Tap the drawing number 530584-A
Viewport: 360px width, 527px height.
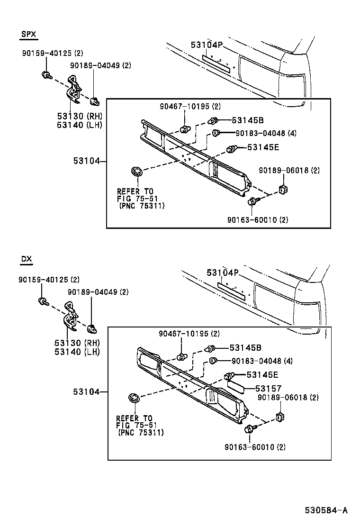pos(326,510)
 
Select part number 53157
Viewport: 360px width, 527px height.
pos(269,388)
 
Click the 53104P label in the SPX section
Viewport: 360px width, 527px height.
pos(207,45)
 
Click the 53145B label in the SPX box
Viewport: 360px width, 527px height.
pos(247,120)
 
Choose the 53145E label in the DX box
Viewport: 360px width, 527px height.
pos(262,374)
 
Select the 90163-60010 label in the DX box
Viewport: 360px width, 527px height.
pos(257,447)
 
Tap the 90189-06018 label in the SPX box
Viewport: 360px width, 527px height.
pos(289,170)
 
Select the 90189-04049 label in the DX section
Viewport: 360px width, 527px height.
pos(98,292)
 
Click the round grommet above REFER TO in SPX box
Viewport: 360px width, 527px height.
pos(136,172)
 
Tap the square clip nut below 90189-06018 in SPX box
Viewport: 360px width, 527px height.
pos(284,190)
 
